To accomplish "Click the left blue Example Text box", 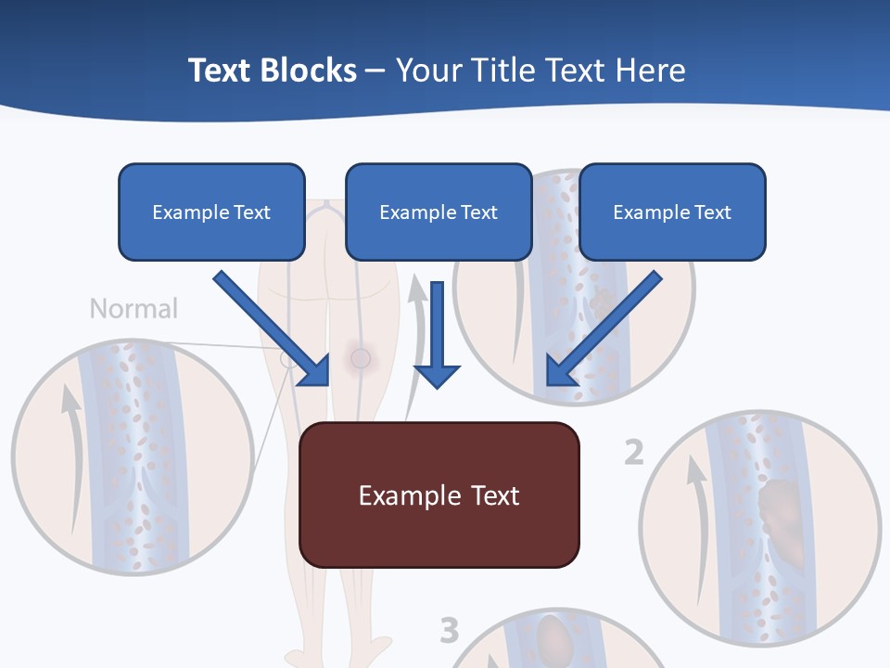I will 211,212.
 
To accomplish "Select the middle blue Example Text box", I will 439,212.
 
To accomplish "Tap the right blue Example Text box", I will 672,212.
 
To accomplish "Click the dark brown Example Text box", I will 439,495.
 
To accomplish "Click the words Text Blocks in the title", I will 272,71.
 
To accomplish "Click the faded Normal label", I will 133,308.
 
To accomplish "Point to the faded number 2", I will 633,453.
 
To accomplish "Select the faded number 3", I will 449,631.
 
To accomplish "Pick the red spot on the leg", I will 360,357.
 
